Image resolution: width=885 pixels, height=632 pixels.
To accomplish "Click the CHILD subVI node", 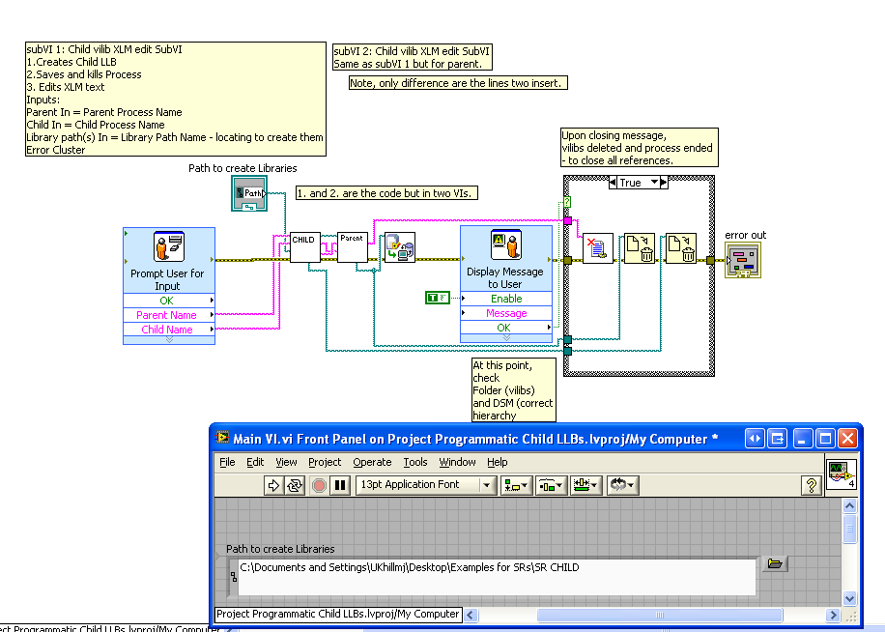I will tap(304, 246).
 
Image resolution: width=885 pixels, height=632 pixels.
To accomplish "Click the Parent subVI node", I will tap(353, 246).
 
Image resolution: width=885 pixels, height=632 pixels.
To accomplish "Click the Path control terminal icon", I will tap(248, 193).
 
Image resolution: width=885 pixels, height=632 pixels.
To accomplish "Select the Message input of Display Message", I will tap(506, 313).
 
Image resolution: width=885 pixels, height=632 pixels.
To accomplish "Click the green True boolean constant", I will tap(437, 298).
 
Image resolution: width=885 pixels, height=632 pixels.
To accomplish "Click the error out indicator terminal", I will tap(743, 259).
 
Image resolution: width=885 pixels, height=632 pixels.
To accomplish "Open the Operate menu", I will tap(372, 462).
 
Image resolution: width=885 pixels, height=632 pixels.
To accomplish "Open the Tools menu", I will tap(415, 462).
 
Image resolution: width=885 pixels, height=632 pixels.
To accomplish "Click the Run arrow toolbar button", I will tap(272, 485).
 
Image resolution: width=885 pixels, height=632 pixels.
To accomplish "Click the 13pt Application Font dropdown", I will tap(426, 485).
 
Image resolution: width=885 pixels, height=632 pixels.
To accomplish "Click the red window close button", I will tap(847, 439).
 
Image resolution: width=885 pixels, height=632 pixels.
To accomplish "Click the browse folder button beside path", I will tap(775, 563).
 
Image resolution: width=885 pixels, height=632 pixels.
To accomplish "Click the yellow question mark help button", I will tap(812, 485).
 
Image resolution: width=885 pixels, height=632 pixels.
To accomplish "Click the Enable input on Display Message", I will tap(506, 299).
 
